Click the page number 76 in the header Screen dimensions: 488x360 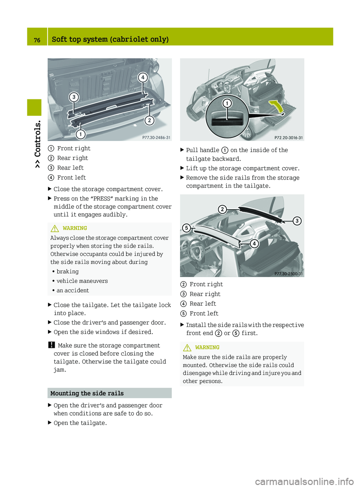click(37, 40)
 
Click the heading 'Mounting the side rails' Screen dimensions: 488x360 click(87, 393)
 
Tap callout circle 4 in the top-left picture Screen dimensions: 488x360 click(142, 78)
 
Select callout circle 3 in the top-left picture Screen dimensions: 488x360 click(74, 97)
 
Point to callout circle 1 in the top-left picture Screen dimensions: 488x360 click(80, 134)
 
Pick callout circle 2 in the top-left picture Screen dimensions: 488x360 click(149, 120)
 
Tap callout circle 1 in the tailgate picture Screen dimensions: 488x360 click(227, 103)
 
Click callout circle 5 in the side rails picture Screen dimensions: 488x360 click(186, 228)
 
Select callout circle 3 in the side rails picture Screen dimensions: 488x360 click(297, 221)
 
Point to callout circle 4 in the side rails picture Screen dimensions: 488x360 click(254, 244)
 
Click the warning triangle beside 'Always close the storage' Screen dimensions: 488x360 click(55, 228)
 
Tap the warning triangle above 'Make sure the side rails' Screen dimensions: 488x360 click(187, 347)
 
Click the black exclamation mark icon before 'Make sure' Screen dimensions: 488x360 click(51, 345)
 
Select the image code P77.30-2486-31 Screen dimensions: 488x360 click(156, 138)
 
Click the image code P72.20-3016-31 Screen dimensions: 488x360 click(288, 138)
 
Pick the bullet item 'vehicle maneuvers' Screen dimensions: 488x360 click(82, 281)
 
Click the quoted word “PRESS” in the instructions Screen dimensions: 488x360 click(102, 199)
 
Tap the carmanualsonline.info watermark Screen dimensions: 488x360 click(304, 481)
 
